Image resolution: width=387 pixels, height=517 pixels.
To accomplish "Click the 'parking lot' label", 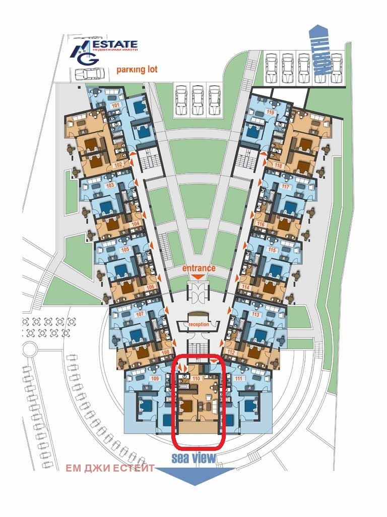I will coord(137,70).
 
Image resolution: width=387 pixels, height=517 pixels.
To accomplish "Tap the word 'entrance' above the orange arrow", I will coord(199,268).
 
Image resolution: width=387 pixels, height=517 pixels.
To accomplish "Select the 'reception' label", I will coord(199,324).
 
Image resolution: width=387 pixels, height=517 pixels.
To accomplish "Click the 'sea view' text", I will coord(193,458).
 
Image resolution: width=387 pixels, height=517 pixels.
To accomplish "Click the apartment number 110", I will coord(197,378).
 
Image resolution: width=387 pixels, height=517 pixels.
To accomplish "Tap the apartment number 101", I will coord(115,105).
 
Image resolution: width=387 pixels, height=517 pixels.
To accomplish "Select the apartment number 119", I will coord(270,113).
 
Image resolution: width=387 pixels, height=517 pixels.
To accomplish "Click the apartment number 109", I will coord(155,378).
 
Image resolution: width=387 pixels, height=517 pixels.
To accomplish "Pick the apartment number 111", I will coord(238,378).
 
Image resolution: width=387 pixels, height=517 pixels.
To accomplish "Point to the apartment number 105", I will coord(125,249).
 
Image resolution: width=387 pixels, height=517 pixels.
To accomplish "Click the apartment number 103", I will coord(110,185).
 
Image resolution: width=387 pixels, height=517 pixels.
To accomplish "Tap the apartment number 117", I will coord(286,187).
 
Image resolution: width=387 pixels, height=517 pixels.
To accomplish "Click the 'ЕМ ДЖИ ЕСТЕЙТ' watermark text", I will coord(110,468).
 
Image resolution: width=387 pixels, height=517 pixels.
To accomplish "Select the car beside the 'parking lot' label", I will coord(90,74).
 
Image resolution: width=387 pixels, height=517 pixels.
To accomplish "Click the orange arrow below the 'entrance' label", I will coord(199,277).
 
